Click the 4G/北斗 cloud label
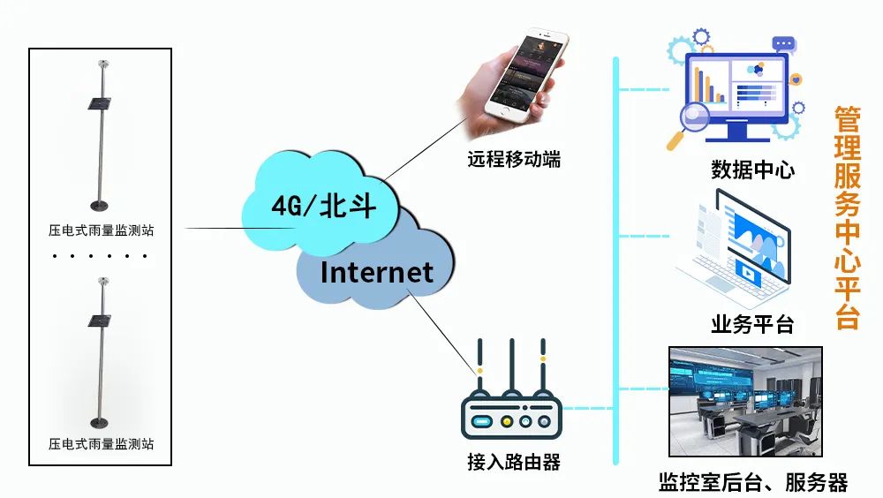pos(323,207)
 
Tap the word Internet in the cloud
pos(377,271)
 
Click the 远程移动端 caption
pos(514,160)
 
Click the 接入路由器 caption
pos(513,462)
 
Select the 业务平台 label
pos(752,324)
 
